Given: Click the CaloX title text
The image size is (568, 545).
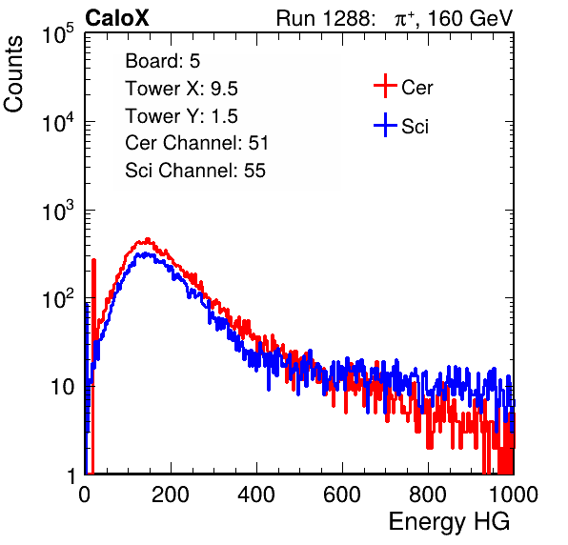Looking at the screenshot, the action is [117, 18].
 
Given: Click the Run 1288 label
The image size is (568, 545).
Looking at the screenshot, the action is [324, 18].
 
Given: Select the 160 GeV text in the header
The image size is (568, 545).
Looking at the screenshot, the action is [470, 18].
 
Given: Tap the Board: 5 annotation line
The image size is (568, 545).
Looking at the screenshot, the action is [162, 61].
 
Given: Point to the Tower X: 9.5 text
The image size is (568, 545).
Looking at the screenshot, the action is [181, 89].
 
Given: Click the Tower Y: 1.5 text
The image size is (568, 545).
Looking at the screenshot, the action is [181, 116].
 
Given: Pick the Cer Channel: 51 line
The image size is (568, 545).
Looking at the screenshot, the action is [196, 143].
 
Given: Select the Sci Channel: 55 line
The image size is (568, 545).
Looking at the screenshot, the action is [195, 171].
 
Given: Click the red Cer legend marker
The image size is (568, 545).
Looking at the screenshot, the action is [385, 86].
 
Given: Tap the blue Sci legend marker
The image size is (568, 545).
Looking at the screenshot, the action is [385, 126].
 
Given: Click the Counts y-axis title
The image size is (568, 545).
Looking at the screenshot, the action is [13, 74].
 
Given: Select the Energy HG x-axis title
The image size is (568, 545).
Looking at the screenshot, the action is [449, 521].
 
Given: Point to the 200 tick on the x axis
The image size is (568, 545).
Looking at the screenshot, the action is [171, 495].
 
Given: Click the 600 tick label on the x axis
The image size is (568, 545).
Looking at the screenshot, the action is [342, 495].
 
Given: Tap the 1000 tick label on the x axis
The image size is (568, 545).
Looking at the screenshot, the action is [514, 495].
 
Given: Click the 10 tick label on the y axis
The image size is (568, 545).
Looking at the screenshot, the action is [62, 387].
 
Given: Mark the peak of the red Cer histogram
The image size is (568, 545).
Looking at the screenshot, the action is [147, 239].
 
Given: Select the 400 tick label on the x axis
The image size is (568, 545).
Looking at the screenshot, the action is [256, 495].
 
